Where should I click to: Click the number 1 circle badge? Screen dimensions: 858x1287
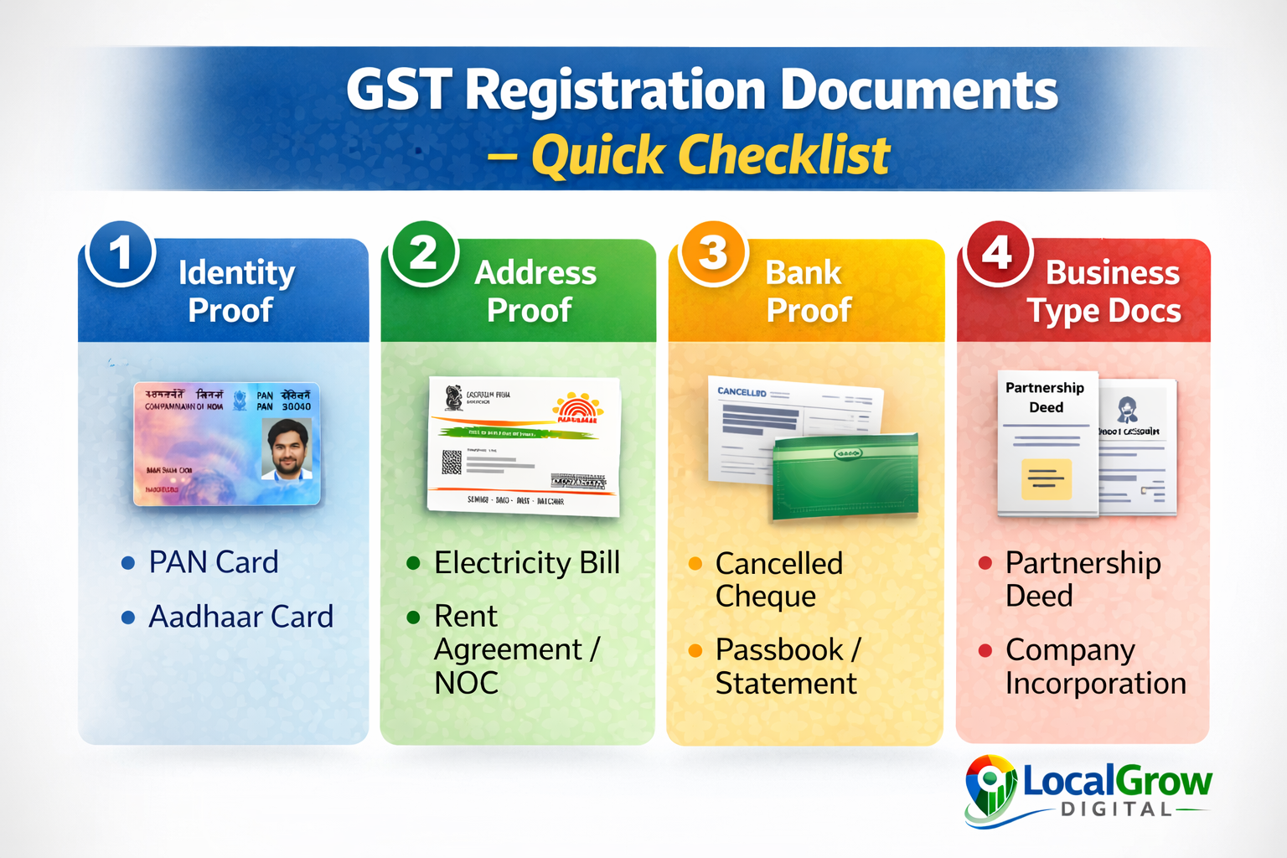pos(121,253)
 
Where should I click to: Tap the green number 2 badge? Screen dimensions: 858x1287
pos(423,253)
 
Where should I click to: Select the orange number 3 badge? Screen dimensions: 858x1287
pos(713,253)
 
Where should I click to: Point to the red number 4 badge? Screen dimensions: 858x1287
pos(997,253)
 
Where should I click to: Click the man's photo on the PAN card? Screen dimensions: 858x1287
pos(287,449)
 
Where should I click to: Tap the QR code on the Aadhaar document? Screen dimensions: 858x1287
pos(452,462)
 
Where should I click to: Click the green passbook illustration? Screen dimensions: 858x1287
pos(845,475)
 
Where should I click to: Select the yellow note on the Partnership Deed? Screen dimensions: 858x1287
pos(1046,479)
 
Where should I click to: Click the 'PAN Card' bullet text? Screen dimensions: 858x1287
pos(213,562)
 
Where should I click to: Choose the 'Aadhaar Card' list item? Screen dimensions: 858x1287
pos(240,617)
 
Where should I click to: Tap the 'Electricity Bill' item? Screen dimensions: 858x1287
pos(526,563)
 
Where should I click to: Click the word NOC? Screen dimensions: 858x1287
pos(466,684)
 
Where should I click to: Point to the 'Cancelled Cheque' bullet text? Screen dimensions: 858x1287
pos(778,579)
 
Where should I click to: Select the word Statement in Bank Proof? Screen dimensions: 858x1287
pos(786,684)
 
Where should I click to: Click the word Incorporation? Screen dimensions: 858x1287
pos(1095,684)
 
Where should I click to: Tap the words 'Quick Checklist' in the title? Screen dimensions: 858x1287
pos(711,156)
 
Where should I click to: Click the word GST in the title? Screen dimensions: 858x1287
pos(399,90)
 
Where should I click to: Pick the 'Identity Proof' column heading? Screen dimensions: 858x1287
pos(235,291)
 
